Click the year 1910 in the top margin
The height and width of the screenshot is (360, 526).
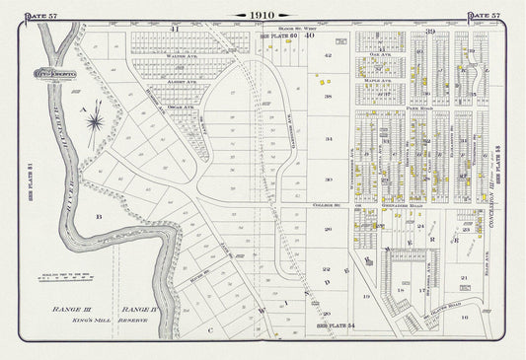pos(263,15)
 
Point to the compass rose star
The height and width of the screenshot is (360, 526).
pos(96,122)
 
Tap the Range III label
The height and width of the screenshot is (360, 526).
pos(71,309)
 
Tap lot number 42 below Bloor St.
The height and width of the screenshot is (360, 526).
pos(328,56)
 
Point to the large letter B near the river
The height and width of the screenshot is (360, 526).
pos(98,214)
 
